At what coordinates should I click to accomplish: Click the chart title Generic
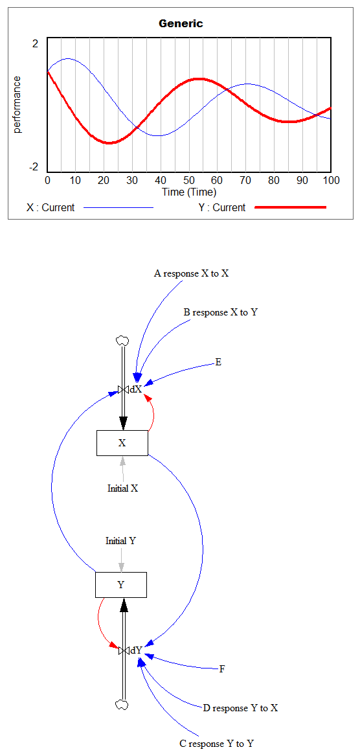tap(181, 23)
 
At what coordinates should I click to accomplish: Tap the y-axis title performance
tap(17, 104)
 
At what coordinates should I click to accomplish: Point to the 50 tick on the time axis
tap(189, 180)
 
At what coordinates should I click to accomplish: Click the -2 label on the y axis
tap(34, 167)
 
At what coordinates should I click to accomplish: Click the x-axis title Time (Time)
tap(188, 192)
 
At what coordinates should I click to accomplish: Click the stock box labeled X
tap(122, 443)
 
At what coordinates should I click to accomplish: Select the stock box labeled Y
tap(120, 585)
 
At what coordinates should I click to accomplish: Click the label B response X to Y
tap(221, 312)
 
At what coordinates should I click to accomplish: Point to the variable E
tap(218, 362)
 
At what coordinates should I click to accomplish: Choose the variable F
tap(222, 669)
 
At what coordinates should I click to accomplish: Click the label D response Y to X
tap(240, 708)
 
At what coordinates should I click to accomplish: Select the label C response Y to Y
tap(217, 744)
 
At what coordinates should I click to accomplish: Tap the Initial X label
tap(122, 488)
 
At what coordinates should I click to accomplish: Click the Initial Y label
tap(120, 540)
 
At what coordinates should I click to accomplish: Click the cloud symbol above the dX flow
tap(122, 341)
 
